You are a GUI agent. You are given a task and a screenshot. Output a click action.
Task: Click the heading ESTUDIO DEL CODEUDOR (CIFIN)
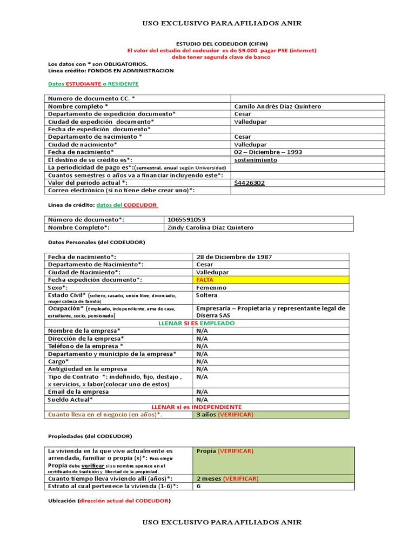click(222, 43)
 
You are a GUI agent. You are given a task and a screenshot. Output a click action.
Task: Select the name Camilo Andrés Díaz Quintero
click(277, 106)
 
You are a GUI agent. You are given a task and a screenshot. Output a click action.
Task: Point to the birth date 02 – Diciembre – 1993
click(267, 152)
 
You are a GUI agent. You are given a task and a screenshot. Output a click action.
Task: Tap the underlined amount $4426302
click(249, 183)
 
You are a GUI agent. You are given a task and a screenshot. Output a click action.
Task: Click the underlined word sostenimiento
click(256, 160)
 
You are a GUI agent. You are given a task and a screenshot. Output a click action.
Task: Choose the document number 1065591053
click(187, 220)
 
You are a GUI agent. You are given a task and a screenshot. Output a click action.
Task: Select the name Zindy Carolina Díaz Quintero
click(211, 227)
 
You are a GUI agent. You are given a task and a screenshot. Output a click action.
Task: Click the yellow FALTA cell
click(205, 280)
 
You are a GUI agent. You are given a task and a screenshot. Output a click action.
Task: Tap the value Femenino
click(211, 288)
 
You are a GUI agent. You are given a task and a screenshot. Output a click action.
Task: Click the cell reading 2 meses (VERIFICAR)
click(227, 478)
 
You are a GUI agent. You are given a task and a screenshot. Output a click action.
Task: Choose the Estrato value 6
click(198, 486)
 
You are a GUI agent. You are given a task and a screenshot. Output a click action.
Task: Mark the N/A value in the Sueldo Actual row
click(202, 399)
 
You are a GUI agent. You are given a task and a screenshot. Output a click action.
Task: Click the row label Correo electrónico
click(122, 190)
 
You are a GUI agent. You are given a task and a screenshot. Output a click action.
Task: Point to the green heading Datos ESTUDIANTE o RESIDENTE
click(93, 84)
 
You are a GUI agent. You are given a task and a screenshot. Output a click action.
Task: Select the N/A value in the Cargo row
click(202, 361)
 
